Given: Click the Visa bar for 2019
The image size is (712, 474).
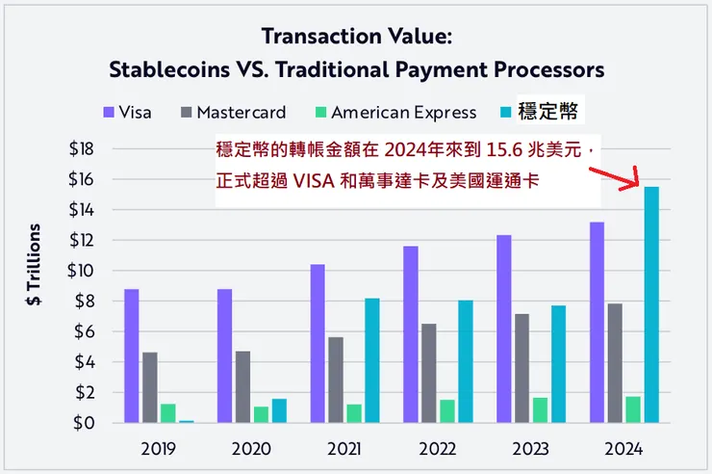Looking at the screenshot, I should tap(132, 355).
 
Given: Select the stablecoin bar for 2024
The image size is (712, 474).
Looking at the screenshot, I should tap(651, 304).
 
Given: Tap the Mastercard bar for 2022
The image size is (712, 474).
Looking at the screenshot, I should tap(427, 373).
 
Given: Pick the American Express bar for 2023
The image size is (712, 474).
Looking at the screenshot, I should tap(539, 410).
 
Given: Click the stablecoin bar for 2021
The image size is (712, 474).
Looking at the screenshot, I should tap(372, 360).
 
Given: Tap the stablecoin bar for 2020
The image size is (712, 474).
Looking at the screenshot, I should tap(279, 410).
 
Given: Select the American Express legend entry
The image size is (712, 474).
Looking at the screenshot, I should tap(394, 112).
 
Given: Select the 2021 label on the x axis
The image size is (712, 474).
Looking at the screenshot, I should tap(343, 449).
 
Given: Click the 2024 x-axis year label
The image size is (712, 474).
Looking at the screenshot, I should tap(623, 449).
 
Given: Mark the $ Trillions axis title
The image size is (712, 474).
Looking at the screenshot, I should tap(34, 265).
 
